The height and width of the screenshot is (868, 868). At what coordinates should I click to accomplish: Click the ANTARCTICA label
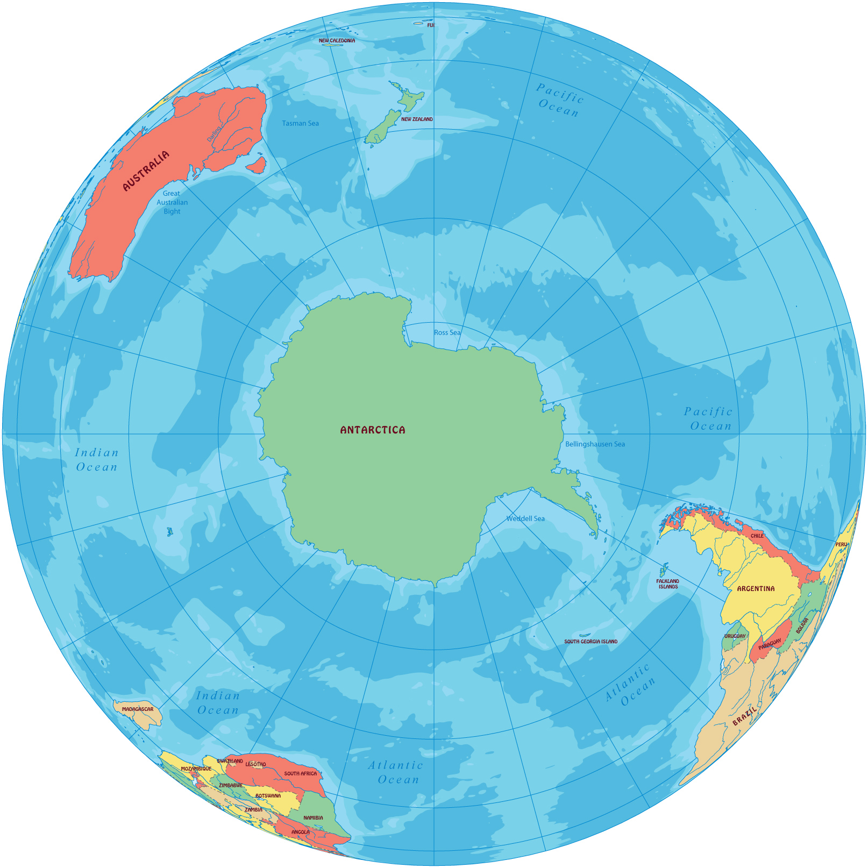373,430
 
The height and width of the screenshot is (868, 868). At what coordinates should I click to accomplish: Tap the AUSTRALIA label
146,170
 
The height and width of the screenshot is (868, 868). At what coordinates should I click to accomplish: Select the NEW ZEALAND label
417,119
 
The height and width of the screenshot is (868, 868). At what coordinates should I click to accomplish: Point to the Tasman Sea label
300,124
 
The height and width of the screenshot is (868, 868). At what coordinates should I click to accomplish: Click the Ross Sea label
447,333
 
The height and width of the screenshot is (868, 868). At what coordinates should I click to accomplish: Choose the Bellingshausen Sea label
595,444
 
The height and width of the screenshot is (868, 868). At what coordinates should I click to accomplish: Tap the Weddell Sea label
525,519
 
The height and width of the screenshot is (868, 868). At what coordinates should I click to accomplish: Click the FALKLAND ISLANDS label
668,584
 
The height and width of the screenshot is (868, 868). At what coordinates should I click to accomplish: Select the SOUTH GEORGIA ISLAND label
590,642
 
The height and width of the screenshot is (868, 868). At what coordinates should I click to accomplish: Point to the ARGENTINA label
756,589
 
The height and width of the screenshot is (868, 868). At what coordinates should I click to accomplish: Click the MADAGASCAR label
138,709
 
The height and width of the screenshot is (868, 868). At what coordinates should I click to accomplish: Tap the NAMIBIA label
313,818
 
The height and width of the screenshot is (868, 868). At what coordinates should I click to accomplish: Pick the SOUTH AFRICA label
301,774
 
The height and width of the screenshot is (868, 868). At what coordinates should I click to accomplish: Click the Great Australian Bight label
172,203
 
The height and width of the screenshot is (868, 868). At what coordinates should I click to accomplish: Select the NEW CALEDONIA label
337,40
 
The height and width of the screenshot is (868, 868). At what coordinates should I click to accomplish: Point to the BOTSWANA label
268,796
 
